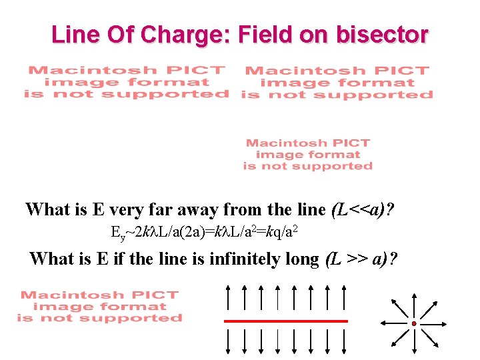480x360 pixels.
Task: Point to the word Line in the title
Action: [74, 34]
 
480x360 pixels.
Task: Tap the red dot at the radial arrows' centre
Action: [414, 324]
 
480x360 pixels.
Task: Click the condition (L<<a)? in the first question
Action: [362, 210]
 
